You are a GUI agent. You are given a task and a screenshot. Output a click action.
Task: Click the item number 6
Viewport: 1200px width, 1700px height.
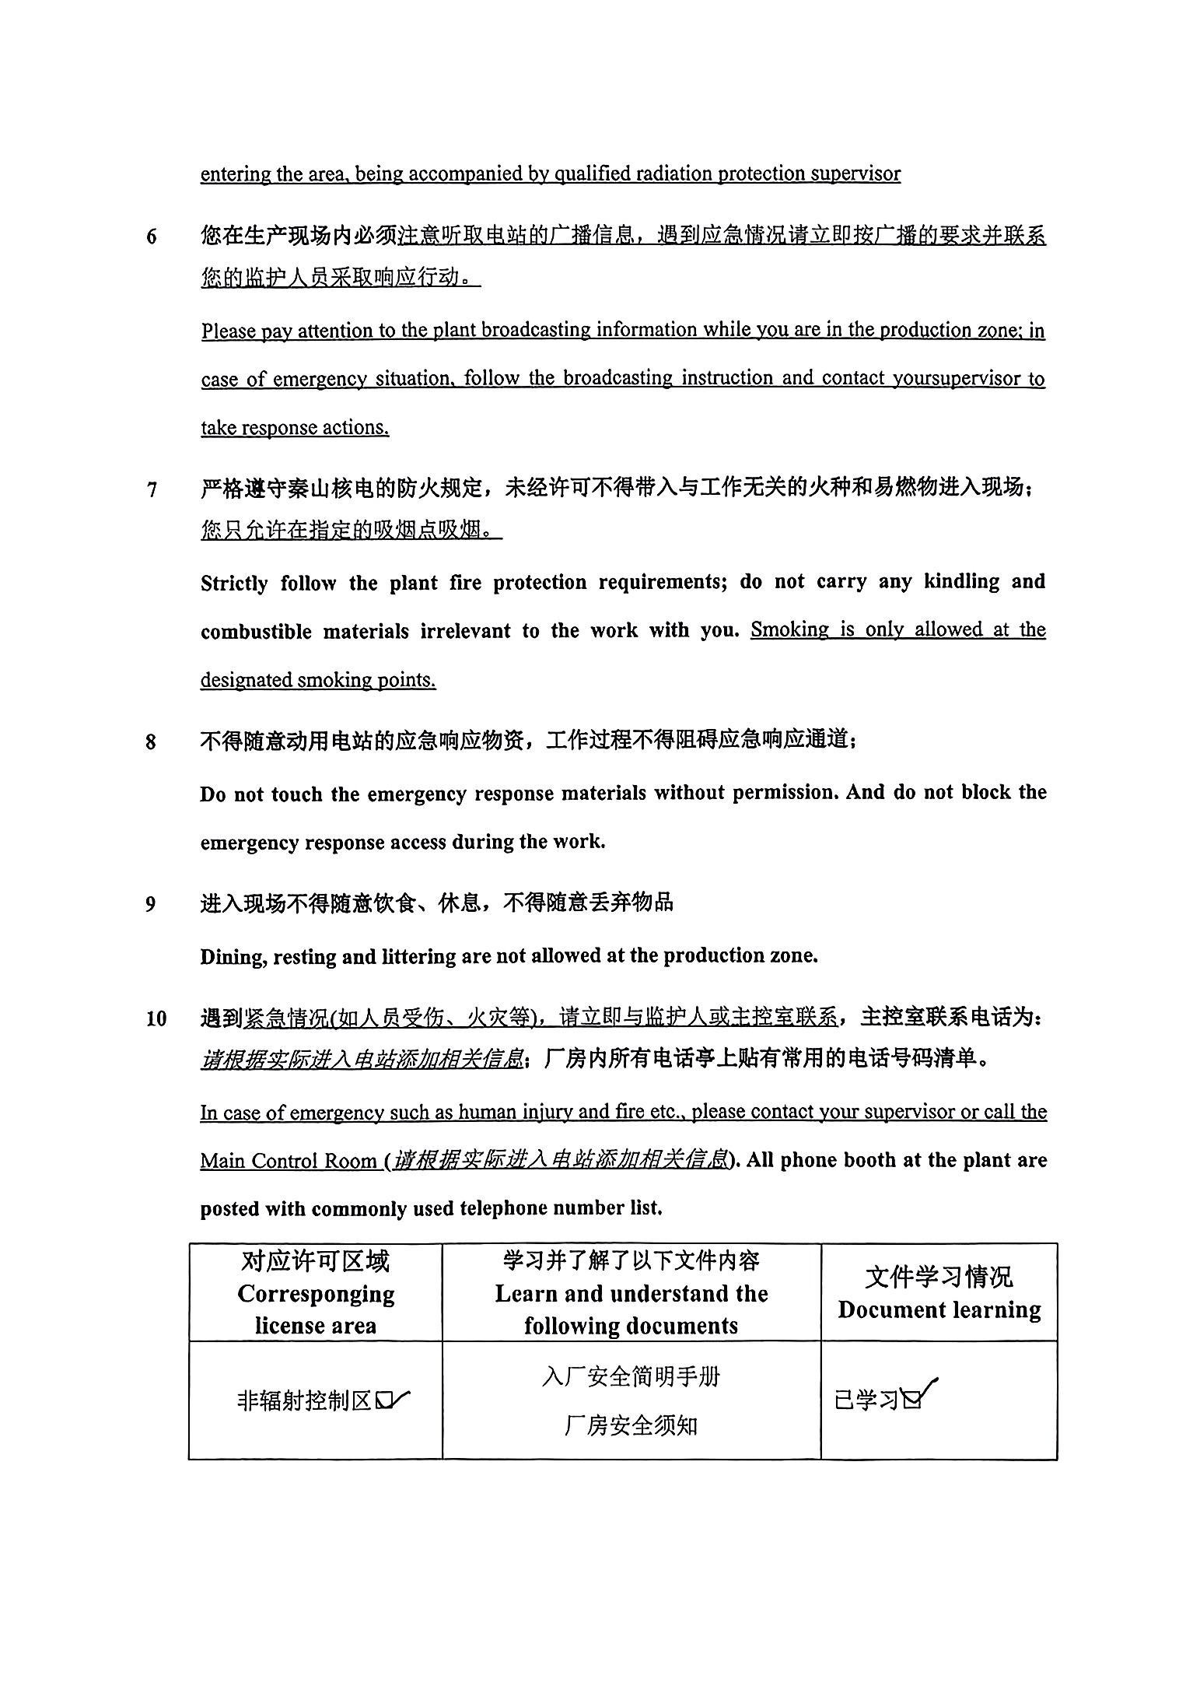pos(152,236)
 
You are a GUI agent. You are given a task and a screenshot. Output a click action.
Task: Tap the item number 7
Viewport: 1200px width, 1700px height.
pos(152,490)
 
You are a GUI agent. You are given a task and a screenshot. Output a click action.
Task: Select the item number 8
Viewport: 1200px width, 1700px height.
pos(152,742)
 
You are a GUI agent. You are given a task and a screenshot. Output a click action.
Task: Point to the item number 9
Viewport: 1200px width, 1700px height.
pos(152,905)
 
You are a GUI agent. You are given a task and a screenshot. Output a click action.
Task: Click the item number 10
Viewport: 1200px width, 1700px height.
pos(156,1018)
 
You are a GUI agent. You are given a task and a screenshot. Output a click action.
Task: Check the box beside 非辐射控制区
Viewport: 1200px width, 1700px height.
pos(384,1400)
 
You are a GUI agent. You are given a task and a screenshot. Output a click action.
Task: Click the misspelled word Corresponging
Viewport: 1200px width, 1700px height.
pos(316,1293)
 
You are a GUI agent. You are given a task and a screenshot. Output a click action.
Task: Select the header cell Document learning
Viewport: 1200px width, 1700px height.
pos(939,1309)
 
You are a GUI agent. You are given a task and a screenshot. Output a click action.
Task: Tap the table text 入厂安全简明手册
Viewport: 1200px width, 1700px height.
pos(631,1377)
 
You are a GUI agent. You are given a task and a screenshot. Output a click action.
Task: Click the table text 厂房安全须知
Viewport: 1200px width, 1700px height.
pos(631,1425)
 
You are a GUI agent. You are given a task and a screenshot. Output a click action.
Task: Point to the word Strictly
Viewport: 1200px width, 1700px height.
pos(234,584)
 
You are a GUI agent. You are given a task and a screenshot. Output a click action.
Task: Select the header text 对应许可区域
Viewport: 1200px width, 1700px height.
pos(315,1261)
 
